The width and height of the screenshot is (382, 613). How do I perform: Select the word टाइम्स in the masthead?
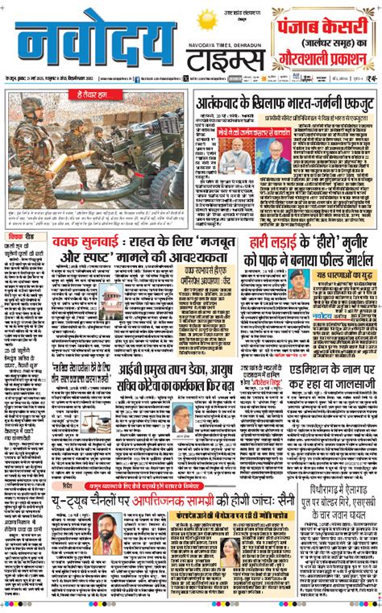(x=225, y=62)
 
